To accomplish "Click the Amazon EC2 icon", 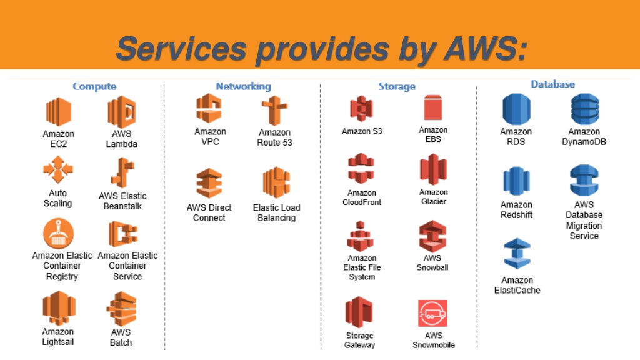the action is (58, 112).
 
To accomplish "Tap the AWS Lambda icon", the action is (122, 112).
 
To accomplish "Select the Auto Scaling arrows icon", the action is (58, 169).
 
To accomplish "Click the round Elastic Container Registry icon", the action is (58, 234).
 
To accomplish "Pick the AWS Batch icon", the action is (121, 309).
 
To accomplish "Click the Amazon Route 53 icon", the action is (274, 111).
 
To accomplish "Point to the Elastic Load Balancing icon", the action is (276, 182).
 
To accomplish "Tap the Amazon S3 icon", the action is (361, 109).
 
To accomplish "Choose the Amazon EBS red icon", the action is (433, 107).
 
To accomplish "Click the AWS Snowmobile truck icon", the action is (432, 314).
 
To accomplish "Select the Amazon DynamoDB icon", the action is (585, 109).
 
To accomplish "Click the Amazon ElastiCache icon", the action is (517, 254).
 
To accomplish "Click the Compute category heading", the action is (94, 86).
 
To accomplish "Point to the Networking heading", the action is (243, 86).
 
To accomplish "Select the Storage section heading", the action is (397, 86).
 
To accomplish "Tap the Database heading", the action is (552, 84).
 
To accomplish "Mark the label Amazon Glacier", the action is (434, 197).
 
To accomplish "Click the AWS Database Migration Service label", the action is (584, 220).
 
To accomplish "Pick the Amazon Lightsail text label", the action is (58, 337).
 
